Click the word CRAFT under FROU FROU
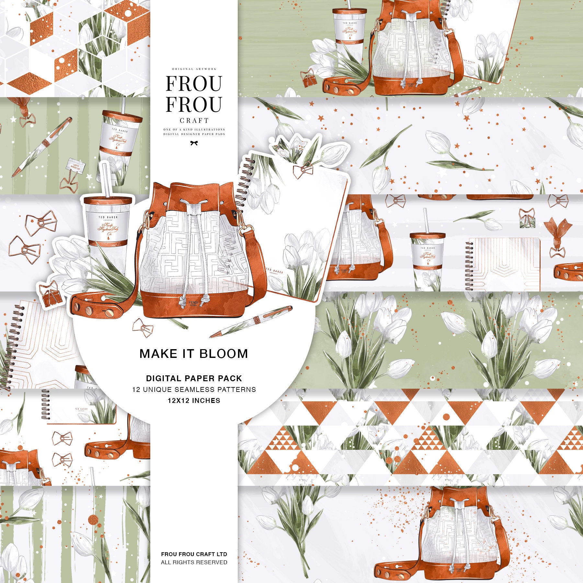coord(194,120)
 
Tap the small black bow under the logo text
coord(194,143)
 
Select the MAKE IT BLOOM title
coord(194,354)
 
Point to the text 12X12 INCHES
coord(194,401)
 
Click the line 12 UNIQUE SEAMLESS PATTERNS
coord(194,389)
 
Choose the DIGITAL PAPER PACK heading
coord(194,378)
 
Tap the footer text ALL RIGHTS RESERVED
coord(194,562)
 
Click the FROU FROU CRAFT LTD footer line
coord(194,554)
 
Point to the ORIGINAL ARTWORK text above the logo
coord(194,69)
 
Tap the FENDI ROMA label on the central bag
coord(193,303)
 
